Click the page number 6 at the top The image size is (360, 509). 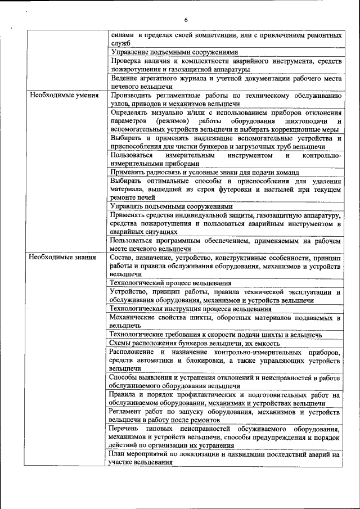tap(186, 21)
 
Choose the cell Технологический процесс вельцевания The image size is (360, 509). tap(170, 283)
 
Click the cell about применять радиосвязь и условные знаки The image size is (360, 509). tap(204, 172)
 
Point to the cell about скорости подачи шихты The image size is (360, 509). tap(217, 335)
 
